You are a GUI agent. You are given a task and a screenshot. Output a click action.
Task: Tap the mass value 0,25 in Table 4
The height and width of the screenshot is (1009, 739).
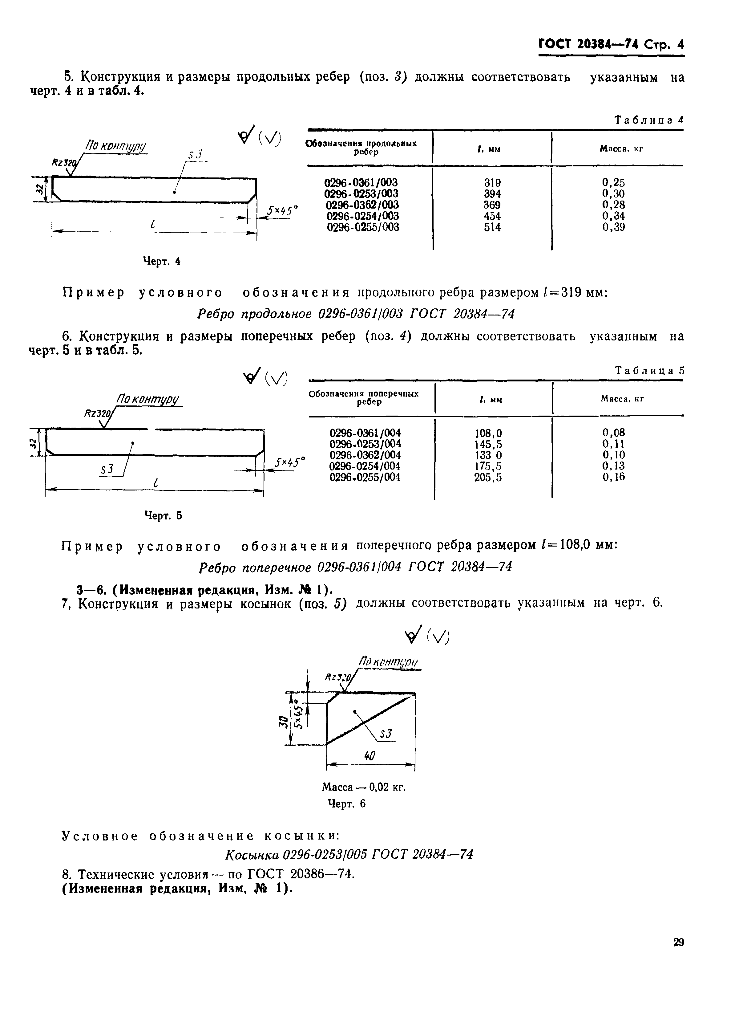pos(613,183)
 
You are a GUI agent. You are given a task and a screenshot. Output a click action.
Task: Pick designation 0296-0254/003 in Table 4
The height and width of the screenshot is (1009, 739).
pos(363,216)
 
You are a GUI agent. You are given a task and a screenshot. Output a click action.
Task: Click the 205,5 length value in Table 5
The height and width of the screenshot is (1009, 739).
pos(488,478)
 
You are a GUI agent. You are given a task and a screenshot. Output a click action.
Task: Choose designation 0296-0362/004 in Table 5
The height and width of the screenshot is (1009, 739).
pos(365,455)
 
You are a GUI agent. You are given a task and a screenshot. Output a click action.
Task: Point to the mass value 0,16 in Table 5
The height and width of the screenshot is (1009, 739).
pos(613,477)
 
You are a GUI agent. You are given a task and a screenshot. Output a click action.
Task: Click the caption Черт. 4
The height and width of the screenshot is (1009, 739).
pos(161,262)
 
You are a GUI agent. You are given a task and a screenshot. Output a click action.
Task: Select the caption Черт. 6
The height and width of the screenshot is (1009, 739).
pos(347,804)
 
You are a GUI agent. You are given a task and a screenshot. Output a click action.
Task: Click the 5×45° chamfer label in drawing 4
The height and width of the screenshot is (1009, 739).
pos(283,211)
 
